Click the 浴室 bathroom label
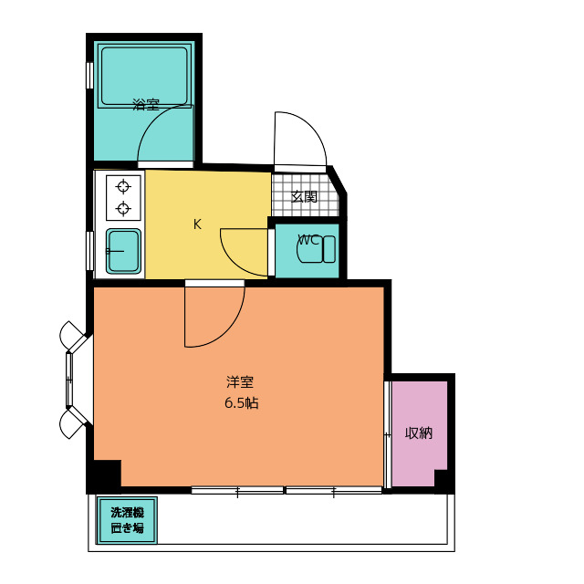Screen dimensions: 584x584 (x=146, y=105)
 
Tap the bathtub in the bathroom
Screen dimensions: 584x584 (x=144, y=77)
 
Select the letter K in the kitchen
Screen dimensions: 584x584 (x=197, y=224)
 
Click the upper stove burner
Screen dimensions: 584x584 (x=123, y=187)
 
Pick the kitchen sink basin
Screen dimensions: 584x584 (x=123, y=250)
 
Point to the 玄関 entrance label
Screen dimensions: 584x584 (x=305, y=196)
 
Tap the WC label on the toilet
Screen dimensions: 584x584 (x=308, y=241)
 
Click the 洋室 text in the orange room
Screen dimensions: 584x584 (x=241, y=383)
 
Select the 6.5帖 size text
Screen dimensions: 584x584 (x=241, y=402)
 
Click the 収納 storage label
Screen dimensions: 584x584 (x=419, y=433)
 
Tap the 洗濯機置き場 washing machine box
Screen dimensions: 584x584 (x=127, y=520)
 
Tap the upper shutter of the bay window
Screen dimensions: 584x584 (x=73, y=335)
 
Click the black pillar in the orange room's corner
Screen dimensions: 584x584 (x=105, y=475)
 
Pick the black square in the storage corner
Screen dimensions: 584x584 (x=442, y=479)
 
